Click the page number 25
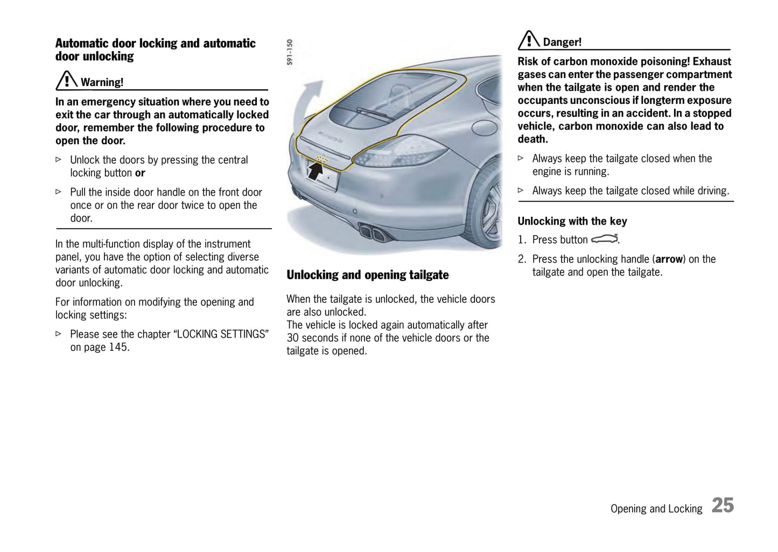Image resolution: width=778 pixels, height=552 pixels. (x=723, y=506)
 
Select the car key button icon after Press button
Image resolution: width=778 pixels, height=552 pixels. (x=604, y=239)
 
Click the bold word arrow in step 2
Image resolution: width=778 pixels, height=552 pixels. (x=669, y=259)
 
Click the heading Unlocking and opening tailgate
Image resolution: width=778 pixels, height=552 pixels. (x=367, y=275)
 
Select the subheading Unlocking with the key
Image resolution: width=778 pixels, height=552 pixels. (x=572, y=221)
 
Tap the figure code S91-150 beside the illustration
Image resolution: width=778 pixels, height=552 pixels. (x=290, y=52)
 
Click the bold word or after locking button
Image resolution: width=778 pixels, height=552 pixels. (x=140, y=173)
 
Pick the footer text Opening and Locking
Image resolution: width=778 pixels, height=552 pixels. (x=656, y=509)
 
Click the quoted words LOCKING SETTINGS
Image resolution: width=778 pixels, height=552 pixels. (x=221, y=334)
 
